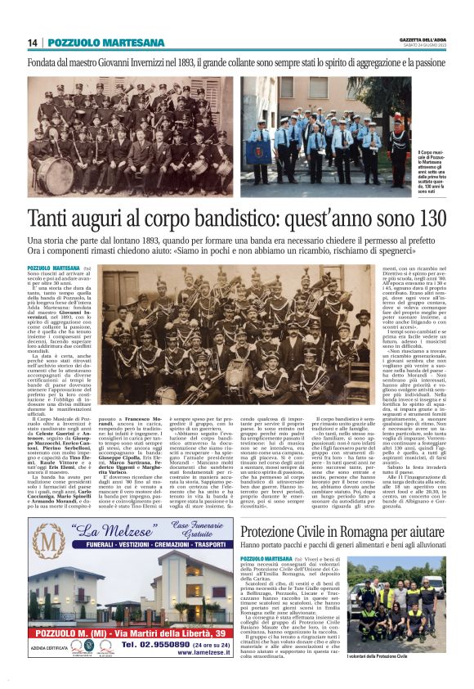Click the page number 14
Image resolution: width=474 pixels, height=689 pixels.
coord(33,43)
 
